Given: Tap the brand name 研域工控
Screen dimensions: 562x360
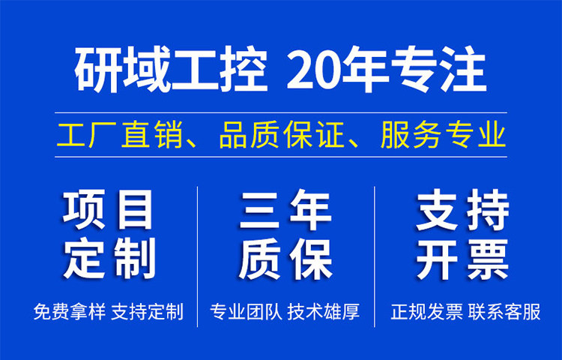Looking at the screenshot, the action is tap(172, 69).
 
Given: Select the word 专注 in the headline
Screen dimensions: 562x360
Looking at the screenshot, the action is tap(438, 69).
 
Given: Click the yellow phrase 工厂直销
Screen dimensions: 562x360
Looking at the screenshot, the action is tap(102, 135).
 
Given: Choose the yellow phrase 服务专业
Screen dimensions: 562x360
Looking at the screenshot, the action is tap(444, 135).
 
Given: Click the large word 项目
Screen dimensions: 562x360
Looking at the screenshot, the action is tap(108, 210).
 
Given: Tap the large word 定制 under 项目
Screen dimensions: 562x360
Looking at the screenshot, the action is tap(109, 258).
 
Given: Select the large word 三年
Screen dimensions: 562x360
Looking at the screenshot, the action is tap(285, 210).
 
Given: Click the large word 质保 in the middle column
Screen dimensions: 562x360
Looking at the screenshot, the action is tap(285, 259).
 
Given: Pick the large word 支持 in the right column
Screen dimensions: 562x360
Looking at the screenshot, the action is tap(462, 210).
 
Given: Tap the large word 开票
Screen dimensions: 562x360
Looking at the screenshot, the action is tap(462, 259).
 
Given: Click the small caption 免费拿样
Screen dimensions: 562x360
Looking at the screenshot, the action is tap(69, 311).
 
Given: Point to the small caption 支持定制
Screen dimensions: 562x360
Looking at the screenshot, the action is tap(148, 311).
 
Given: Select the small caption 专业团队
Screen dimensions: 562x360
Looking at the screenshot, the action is tap(246, 311).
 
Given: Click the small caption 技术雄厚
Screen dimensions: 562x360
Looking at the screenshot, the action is tap(324, 311).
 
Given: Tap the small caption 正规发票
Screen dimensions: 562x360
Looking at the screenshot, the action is tap(427, 311).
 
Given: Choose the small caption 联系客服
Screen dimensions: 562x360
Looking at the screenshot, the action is tap(504, 311).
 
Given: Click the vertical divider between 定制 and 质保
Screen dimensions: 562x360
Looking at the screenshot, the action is tap(198, 256).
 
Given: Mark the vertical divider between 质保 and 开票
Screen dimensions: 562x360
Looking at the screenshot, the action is tap(375, 256).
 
